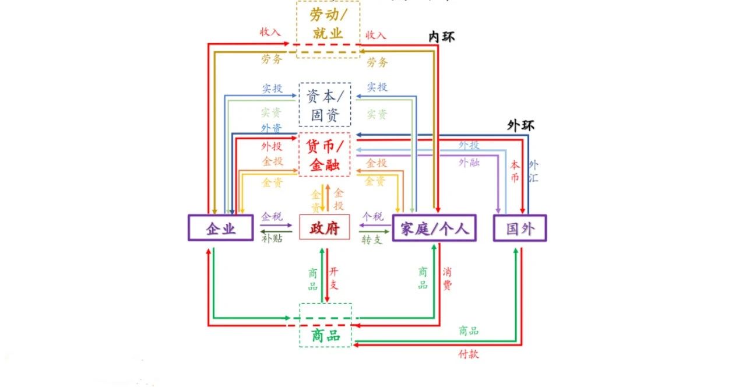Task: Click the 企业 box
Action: tap(220, 227)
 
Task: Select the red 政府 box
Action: tap(324, 227)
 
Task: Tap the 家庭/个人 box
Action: tap(434, 227)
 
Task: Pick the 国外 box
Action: tap(519, 227)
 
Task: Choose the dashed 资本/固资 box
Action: tap(325, 104)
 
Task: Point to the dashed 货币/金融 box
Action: tap(325, 154)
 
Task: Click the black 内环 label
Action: tap(441, 37)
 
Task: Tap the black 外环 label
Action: tap(520, 125)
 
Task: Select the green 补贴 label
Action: tap(272, 238)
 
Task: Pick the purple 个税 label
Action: tap(373, 216)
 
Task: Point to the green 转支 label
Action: tap(372, 240)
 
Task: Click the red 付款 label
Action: tap(469, 354)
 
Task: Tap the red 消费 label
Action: tap(447, 278)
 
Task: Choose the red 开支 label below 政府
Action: tap(334, 278)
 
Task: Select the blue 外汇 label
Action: tap(533, 171)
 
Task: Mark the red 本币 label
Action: tap(514, 171)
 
